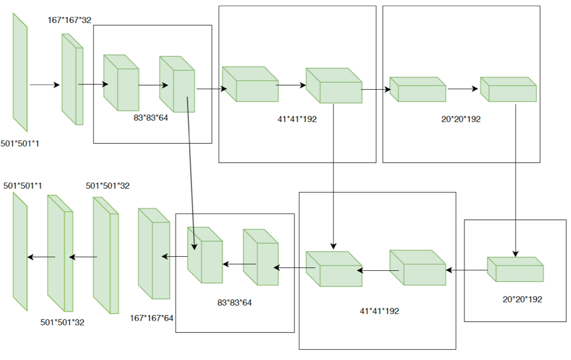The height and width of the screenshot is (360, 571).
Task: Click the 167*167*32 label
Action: click(x=70, y=21)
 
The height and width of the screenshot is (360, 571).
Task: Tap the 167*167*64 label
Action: click(x=152, y=318)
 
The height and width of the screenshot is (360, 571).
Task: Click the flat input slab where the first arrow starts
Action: click(x=20, y=72)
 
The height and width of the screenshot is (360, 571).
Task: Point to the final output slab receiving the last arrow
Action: click(x=20, y=251)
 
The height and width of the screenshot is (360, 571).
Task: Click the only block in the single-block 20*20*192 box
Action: click(x=515, y=270)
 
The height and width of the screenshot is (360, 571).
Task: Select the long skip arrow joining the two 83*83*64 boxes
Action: click(x=191, y=171)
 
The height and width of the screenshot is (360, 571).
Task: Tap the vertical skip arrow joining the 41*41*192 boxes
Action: click(x=333, y=176)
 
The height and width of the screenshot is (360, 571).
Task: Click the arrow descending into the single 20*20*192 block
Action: click(x=516, y=181)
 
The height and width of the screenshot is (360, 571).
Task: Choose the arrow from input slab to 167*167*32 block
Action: click(x=45, y=85)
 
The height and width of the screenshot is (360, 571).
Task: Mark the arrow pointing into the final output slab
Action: click(x=41, y=257)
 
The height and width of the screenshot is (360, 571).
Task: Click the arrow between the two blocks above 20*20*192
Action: click(x=462, y=89)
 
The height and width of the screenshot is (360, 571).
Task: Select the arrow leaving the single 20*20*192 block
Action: click(x=466, y=269)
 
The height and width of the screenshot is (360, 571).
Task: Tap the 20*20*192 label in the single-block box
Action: click(x=522, y=299)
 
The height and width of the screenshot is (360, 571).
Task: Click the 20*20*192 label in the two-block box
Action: click(x=461, y=119)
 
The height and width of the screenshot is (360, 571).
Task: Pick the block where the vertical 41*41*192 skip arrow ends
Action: click(x=333, y=269)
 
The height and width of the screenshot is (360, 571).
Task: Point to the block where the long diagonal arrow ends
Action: click(x=205, y=255)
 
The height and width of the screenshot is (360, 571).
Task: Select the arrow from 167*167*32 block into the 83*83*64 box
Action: click(x=93, y=85)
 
